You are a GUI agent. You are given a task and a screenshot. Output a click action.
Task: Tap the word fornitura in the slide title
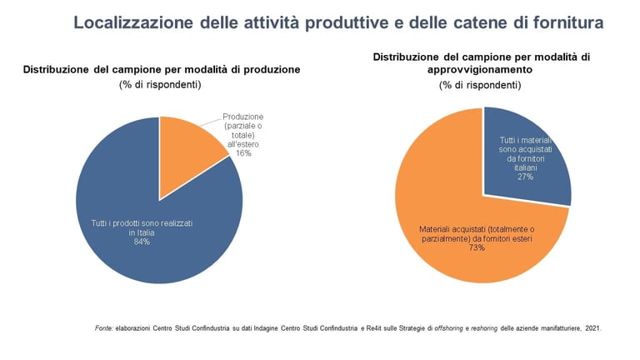pyautogui.click(x=562, y=23)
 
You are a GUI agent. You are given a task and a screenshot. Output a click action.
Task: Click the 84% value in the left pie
pyautogui.click(x=130, y=242)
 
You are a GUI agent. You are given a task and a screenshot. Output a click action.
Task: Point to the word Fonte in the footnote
pyautogui.click(x=105, y=328)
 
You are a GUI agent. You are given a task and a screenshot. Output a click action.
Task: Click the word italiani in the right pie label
pyautogui.click(x=525, y=168)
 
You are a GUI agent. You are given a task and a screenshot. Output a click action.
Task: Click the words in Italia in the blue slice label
pyautogui.click(x=129, y=233)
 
